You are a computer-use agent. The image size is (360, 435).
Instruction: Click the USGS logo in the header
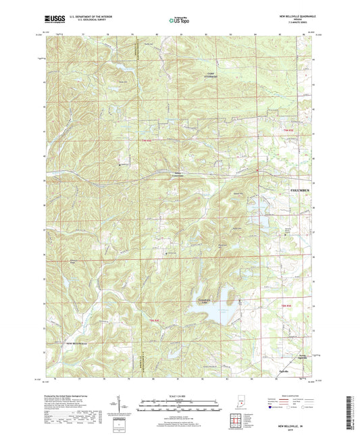click(x=53, y=20)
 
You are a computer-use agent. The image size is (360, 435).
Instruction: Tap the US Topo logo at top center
click(x=178, y=20)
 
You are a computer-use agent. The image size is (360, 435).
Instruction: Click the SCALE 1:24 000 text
click(x=180, y=396)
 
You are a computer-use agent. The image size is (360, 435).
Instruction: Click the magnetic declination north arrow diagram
click(x=124, y=405)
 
